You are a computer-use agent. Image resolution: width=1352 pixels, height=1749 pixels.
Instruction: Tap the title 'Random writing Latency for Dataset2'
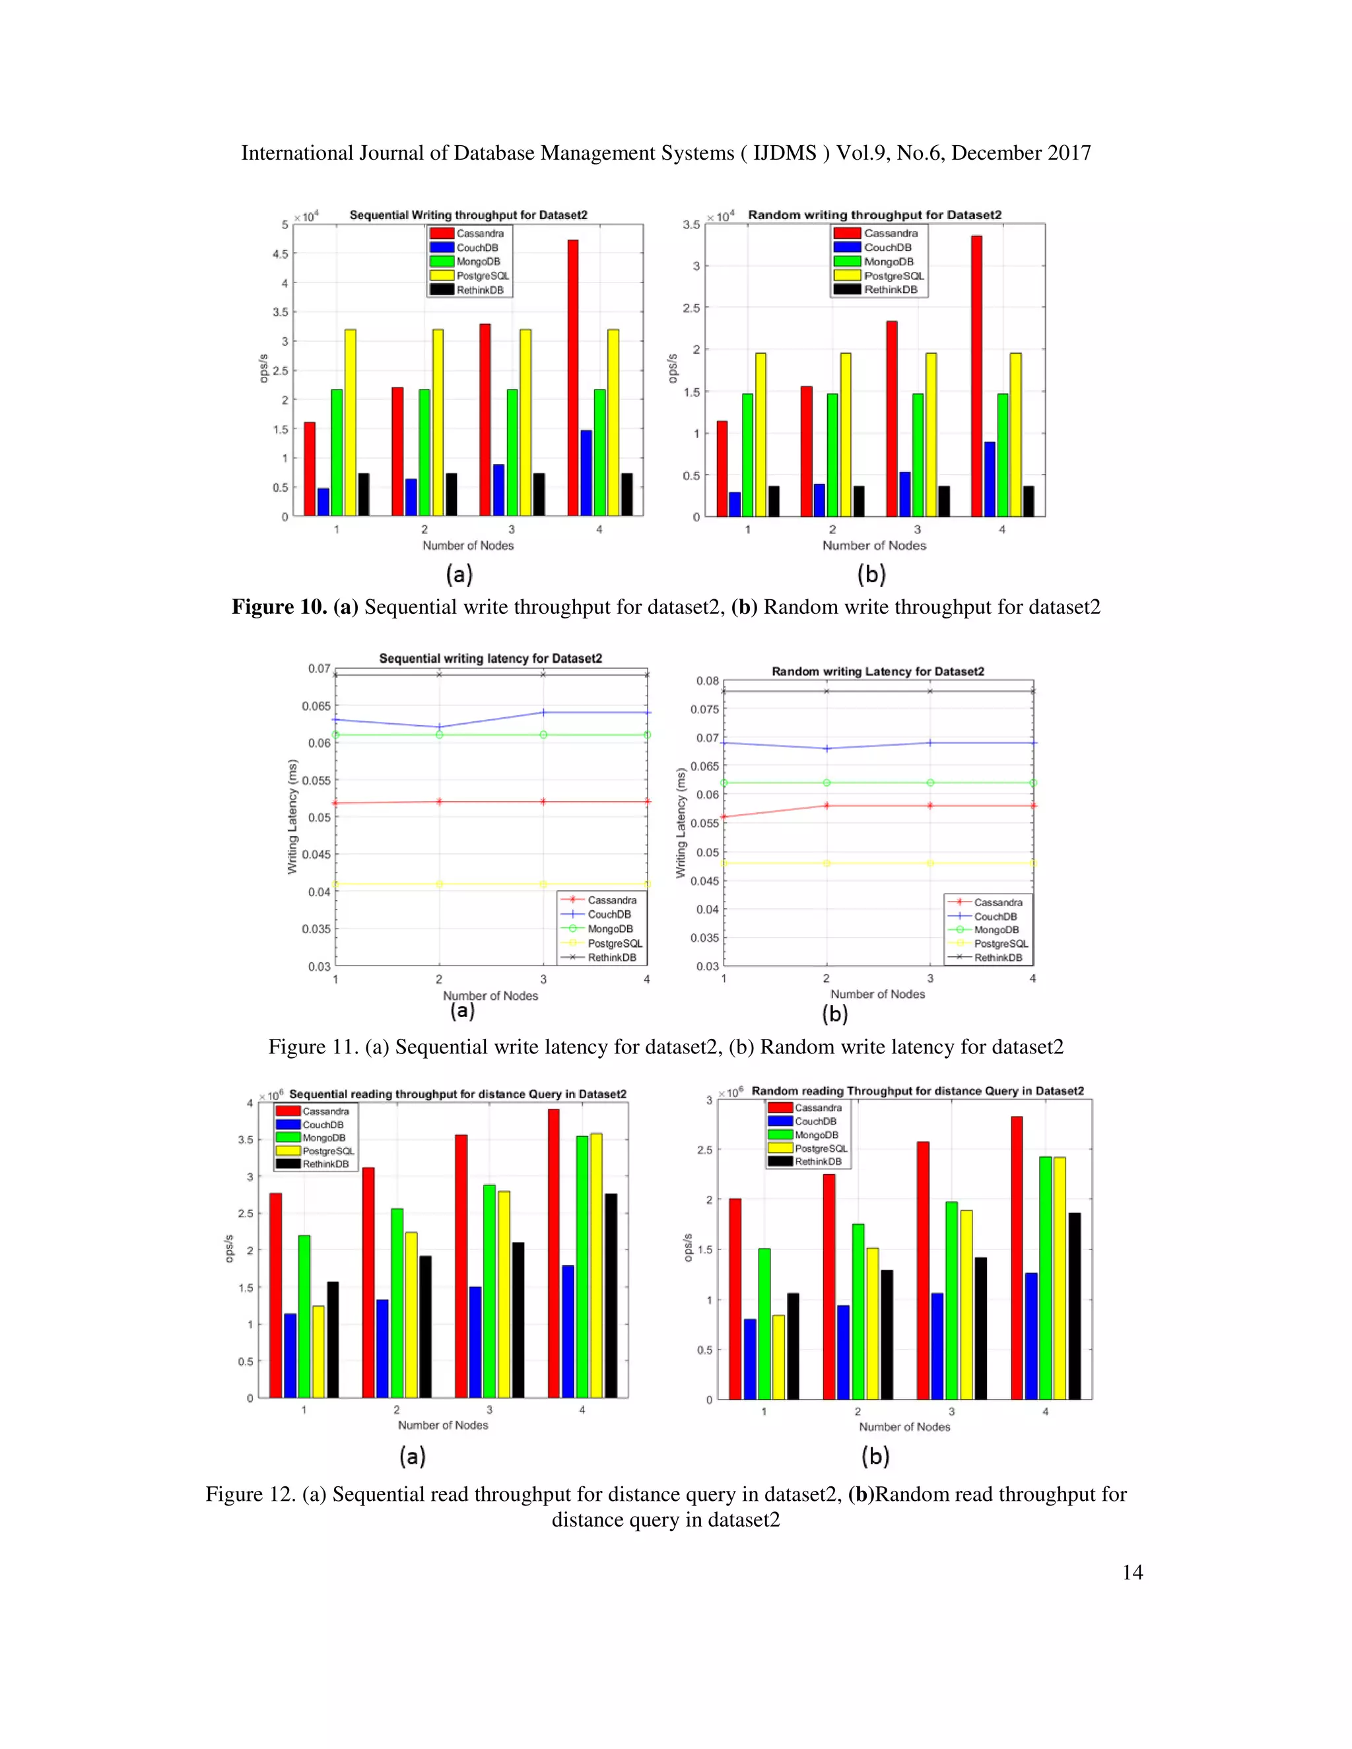[877, 671]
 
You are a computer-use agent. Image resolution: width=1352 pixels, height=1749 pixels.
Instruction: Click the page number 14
[1132, 1572]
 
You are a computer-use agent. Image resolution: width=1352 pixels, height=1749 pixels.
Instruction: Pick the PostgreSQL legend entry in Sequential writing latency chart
[615, 943]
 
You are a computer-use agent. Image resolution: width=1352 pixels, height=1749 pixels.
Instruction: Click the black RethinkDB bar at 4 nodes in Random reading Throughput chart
[1074, 1306]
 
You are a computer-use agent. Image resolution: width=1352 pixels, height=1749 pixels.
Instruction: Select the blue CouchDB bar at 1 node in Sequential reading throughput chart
[290, 1355]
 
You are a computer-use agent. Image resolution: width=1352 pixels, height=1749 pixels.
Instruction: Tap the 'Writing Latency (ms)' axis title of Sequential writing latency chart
[292, 817]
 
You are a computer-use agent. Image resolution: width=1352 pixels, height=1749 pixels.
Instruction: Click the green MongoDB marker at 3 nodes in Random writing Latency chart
[930, 782]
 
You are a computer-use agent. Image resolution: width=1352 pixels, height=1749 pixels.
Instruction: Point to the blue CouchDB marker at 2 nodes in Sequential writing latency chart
[439, 727]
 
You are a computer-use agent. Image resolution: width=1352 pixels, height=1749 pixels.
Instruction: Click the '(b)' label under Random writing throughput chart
[871, 574]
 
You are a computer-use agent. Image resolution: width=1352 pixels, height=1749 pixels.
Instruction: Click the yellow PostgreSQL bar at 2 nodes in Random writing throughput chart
[845, 434]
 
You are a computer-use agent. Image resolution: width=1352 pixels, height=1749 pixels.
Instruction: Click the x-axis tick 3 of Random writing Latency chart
[930, 979]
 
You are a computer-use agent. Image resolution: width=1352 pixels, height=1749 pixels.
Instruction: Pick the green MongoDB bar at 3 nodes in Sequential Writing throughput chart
[512, 453]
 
